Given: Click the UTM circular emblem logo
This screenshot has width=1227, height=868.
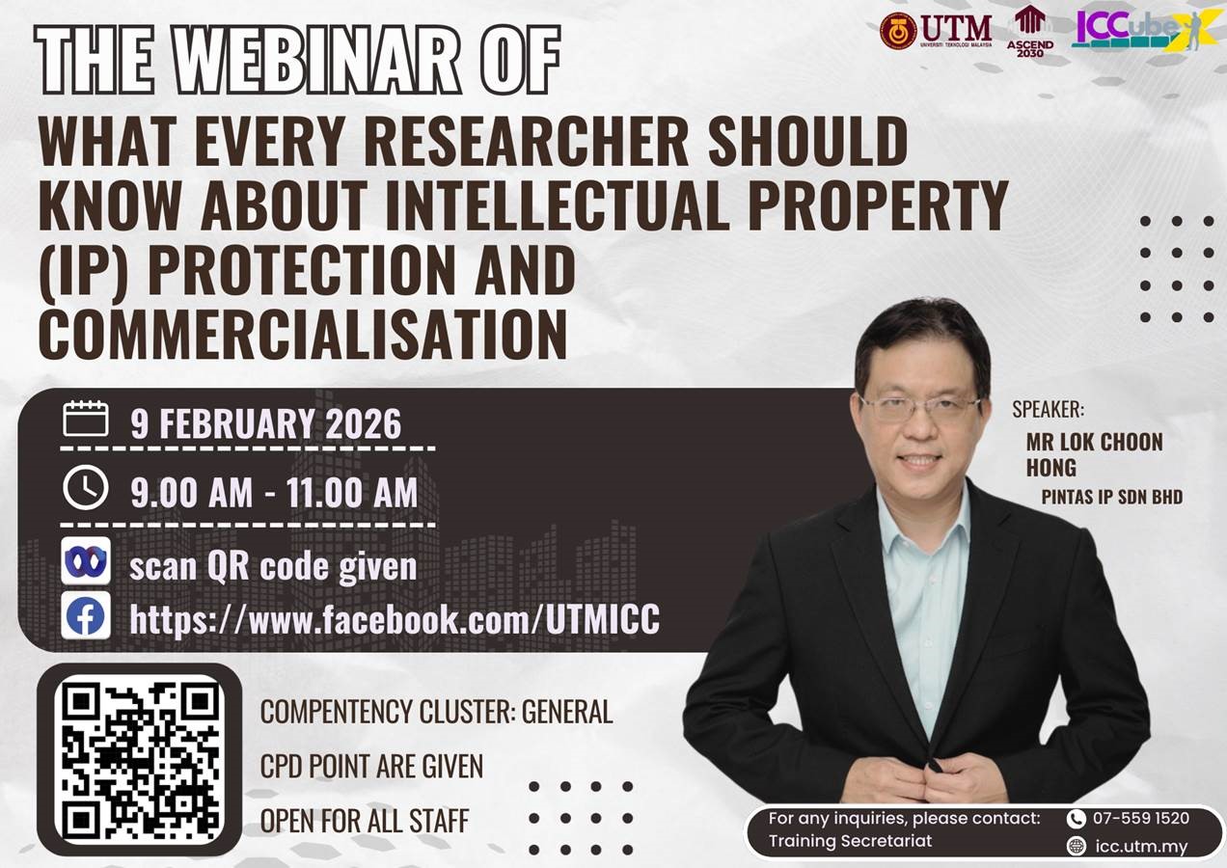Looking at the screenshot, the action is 898,31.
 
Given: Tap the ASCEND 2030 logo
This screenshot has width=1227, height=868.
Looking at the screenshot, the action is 1030,31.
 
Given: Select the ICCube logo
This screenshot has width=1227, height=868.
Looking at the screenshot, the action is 1146,30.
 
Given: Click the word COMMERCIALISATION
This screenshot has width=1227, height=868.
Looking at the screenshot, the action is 303,334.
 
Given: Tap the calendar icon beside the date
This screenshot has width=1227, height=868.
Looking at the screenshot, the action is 86,419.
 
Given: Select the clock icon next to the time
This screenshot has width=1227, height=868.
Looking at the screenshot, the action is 86,488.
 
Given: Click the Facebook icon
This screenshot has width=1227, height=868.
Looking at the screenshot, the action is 86,615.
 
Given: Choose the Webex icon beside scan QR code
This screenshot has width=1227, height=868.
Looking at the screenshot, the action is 86,560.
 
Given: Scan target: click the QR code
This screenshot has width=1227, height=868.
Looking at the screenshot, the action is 140,760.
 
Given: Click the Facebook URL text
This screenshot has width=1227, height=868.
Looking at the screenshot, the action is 395,619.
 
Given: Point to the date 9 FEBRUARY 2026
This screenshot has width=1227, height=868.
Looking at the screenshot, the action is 265,423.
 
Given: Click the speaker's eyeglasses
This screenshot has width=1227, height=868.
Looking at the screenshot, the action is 919,407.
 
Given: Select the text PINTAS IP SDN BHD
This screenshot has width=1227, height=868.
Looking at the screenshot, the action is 1112,497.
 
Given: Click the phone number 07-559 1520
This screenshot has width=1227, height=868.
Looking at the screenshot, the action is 1141,818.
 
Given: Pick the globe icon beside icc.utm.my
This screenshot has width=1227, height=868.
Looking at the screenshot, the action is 1077,846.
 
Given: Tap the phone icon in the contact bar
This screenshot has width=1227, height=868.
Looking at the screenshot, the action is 1077,819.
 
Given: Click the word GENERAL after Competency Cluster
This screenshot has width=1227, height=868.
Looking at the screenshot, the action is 567,712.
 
